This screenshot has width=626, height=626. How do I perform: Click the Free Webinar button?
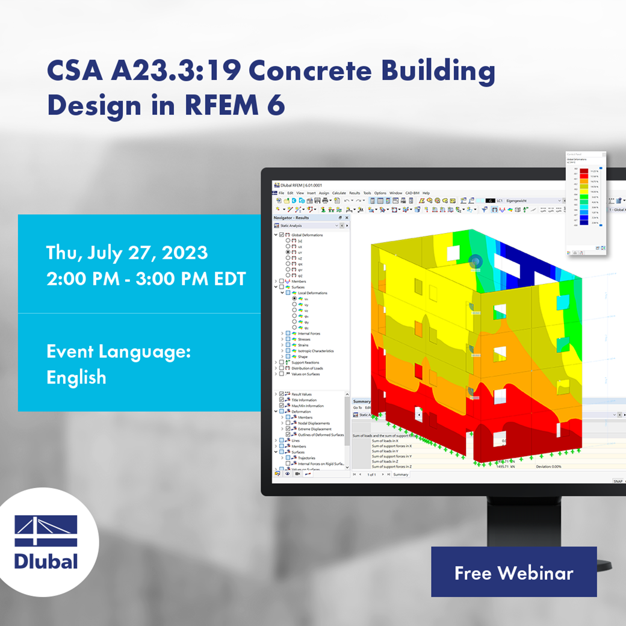tap(513, 572)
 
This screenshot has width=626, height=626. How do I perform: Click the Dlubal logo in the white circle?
tap(47, 542)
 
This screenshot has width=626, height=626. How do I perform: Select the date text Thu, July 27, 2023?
tap(127, 252)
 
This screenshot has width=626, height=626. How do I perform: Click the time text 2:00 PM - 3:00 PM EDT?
tap(146, 279)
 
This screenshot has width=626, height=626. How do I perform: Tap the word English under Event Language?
tap(76, 377)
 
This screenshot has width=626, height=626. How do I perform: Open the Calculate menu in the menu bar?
tap(339, 193)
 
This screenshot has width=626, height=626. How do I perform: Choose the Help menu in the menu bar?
tap(426, 193)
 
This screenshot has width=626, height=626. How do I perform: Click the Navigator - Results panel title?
tap(291, 217)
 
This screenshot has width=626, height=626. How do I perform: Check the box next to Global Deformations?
tap(281, 235)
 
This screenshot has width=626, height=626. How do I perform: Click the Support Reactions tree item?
tap(305, 362)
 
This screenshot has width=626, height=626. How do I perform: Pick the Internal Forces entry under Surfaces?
tap(309, 333)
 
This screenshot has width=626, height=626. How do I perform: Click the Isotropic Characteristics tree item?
tap(315, 351)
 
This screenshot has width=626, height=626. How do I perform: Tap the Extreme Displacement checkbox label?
tap(315, 429)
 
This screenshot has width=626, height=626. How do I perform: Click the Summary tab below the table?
tap(400, 474)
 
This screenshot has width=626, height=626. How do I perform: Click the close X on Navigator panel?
tap(346, 217)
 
